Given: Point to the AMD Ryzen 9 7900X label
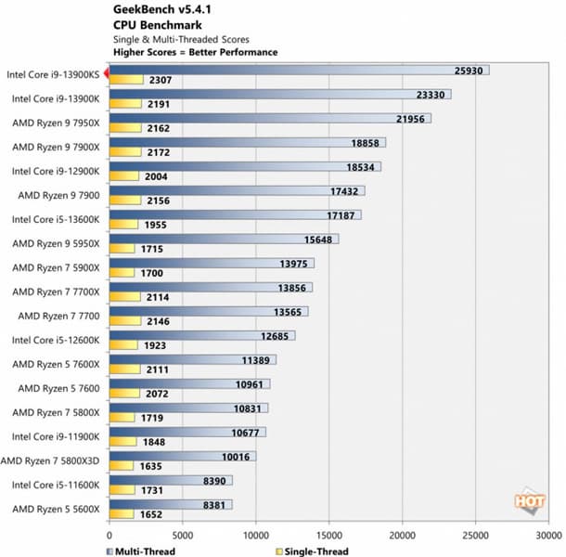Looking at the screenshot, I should [x=58, y=147].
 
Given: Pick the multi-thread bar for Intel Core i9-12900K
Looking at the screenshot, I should [x=245, y=166].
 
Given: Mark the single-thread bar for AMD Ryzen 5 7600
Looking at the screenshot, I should [x=124, y=394].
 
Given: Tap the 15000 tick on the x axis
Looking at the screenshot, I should [x=328, y=535].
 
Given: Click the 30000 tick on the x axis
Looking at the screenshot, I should [x=548, y=535].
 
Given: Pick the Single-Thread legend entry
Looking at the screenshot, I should [x=312, y=551].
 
